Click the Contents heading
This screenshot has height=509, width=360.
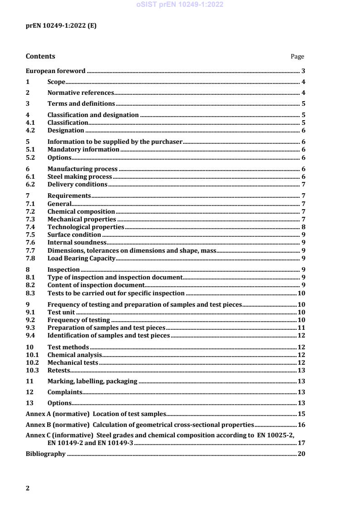pyautogui.click(x=40, y=56)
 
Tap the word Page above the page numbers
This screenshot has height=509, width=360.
pyautogui.click(x=297, y=57)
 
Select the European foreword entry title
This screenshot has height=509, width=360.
pyautogui.click(x=55, y=71)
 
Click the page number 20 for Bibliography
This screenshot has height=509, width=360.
pyautogui.click(x=301, y=454)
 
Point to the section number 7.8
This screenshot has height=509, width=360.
pyautogui.click(x=30, y=259)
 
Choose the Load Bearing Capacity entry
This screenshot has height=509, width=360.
pyautogui.click(x=82, y=259)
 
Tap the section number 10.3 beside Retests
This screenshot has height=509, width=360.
pyautogui.click(x=32, y=370)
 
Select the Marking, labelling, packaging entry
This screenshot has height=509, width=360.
pyautogui.click(x=92, y=381)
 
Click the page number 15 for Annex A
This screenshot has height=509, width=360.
pyautogui.click(x=301, y=414)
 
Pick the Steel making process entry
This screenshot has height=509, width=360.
pyautogui.click(x=79, y=176)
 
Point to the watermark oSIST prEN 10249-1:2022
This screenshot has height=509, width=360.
pyautogui.click(x=180, y=5)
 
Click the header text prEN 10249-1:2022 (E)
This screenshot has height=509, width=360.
pyautogui.click(x=61, y=26)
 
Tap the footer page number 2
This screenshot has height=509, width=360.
pyautogui.click(x=28, y=489)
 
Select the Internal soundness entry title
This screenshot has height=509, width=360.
pyautogui.click(x=77, y=242)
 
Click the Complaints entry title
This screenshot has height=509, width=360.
pyautogui.click(x=65, y=392)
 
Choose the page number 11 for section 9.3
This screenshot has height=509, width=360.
pyautogui.click(x=301, y=328)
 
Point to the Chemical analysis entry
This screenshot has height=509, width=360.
pyautogui.click(x=74, y=355)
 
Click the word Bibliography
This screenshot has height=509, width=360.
pyautogui.click(x=45, y=454)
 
